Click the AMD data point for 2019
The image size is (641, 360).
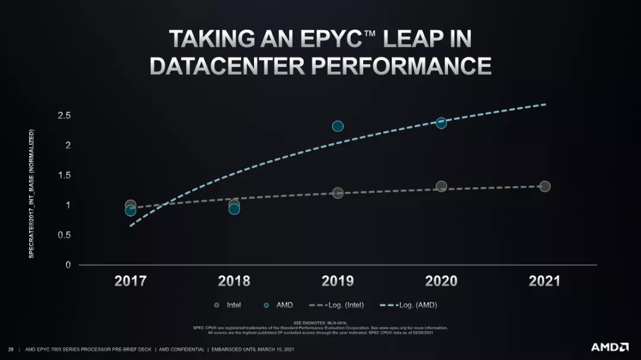pos(338,126)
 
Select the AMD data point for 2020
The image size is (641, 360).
pos(441,123)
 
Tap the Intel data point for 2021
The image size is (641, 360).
pos(545,186)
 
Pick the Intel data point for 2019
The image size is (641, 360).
pos(338,193)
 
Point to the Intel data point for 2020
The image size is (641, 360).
pos(441,186)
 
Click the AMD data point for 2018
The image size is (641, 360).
pos(234,209)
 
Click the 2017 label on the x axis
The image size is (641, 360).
pos(130,281)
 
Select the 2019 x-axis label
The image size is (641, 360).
pos(338,281)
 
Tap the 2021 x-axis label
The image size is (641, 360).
pos(544,281)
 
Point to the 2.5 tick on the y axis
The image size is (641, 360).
pos(64,115)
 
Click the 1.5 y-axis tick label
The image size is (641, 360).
pos(64,175)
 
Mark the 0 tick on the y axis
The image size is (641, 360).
pos(68,265)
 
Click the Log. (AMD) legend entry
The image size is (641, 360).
pos(412,305)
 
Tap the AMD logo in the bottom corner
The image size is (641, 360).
pos(610,347)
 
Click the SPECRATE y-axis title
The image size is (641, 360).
pos(31,193)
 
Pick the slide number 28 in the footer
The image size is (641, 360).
pos(11,349)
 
